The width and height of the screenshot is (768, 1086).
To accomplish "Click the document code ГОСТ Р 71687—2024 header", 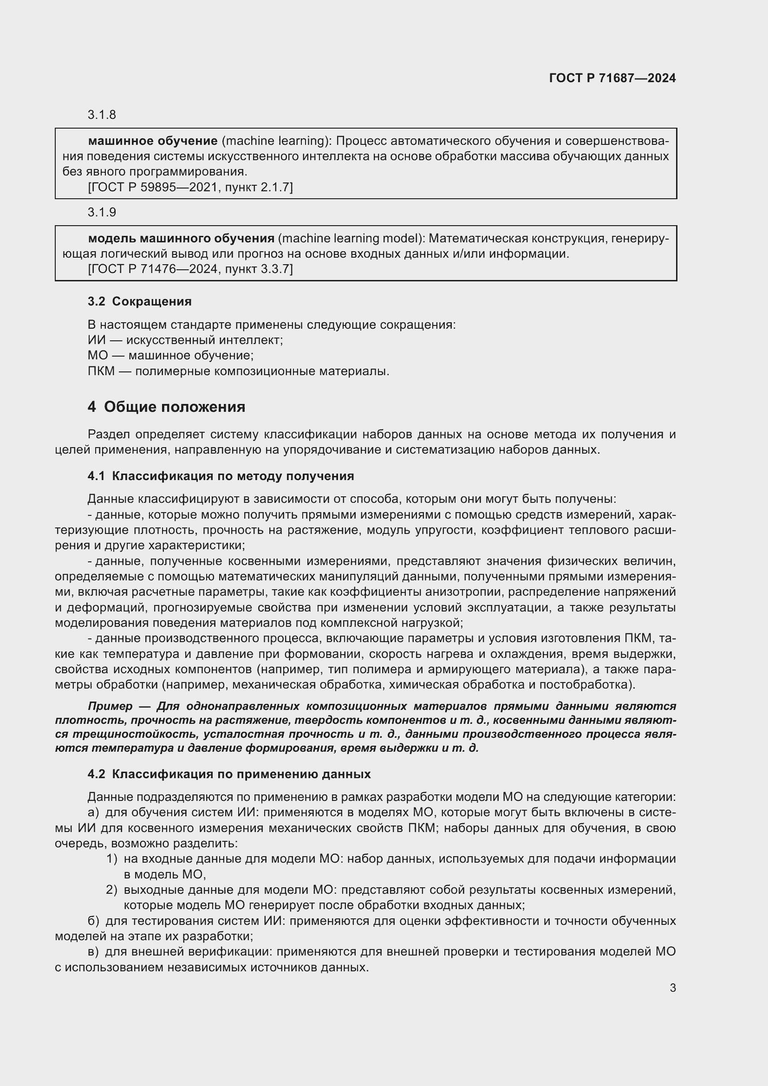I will (x=612, y=78).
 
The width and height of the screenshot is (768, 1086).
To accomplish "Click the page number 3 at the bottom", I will (x=672, y=988).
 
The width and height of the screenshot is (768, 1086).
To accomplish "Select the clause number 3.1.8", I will (x=102, y=115).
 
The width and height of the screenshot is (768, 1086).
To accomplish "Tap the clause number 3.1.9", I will (x=102, y=212).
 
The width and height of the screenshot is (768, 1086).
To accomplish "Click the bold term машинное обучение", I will (x=153, y=141).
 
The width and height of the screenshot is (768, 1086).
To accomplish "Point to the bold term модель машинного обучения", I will (x=181, y=238).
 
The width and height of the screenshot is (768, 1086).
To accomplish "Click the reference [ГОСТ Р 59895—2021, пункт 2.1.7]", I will (x=190, y=188).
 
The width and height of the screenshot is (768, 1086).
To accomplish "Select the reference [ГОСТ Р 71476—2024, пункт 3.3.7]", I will (x=190, y=269).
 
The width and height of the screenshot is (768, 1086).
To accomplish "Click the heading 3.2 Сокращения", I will (x=139, y=301).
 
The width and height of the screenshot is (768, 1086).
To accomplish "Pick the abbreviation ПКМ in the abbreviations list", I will (x=101, y=371).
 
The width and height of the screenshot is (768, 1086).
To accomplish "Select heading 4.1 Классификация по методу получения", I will (x=221, y=476).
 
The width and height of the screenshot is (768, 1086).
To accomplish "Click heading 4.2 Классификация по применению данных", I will (x=229, y=774).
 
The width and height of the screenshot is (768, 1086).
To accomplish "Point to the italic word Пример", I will (x=110, y=706).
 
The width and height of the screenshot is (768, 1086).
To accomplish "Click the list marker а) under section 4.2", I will (x=93, y=813).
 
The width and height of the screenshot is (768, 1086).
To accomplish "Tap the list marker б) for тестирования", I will (x=93, y=921).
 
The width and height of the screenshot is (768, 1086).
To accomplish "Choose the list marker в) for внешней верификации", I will (x=93, y=952).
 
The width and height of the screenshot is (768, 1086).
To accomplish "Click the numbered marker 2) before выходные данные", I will (x=111, y=890).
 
